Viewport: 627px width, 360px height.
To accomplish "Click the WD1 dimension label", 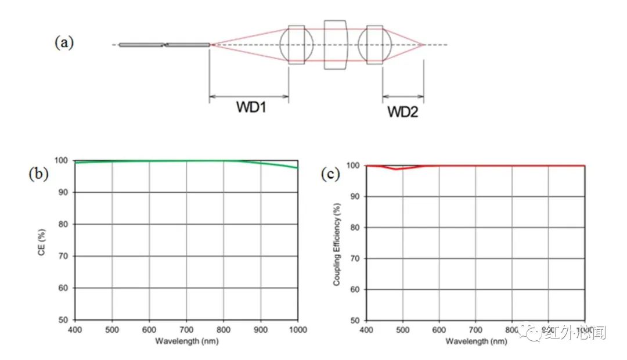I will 250,107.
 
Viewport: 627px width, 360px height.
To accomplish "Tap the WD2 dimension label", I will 402,111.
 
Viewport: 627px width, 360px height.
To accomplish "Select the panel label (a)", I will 64,42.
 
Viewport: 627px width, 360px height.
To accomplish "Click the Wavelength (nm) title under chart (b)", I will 186,341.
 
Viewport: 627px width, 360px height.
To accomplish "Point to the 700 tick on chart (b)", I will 186,329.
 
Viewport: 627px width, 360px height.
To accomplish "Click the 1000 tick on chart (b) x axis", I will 297,329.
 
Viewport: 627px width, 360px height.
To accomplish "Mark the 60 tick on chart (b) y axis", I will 63,288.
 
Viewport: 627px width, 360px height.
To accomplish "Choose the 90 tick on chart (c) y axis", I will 355,196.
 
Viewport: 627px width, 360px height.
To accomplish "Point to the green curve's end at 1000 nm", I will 297,168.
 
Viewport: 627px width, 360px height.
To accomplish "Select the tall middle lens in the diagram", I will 336,45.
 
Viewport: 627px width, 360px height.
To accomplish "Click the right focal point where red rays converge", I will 425,45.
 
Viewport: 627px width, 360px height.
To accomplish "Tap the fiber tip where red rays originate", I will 210,45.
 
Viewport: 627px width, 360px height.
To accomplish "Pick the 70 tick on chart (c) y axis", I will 355,258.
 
